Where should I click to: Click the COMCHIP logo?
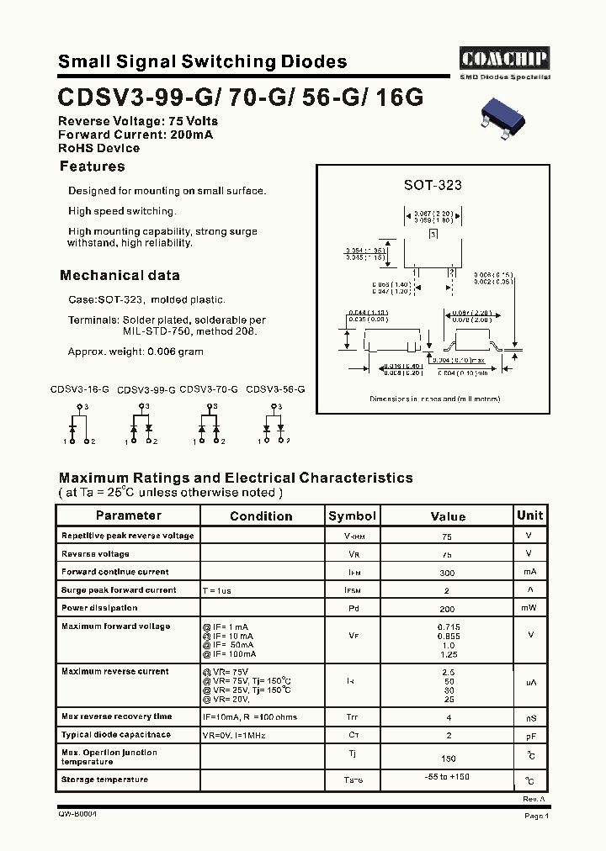(x=505, y=58)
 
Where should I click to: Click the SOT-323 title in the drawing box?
(x=433, y=185)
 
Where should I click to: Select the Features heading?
(x=93, y=166)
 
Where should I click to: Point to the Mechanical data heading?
(x=120, y=275)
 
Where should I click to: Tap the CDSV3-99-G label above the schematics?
(x=146, y=390)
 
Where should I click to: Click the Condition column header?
(x=261, y=516)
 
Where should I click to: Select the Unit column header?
(x=529, y=515)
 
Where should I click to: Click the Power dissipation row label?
(x=99, y=607)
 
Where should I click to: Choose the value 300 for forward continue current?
(x=447, y=572)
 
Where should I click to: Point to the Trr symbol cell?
(x=353, y=717)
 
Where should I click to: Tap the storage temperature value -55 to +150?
(x=447, y=776)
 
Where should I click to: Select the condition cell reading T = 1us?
(x=216, y=590)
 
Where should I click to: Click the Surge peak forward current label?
(x=119, y=589)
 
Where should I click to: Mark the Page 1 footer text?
(x=536, y=816)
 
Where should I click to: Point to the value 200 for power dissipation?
(x=447, y=609)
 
